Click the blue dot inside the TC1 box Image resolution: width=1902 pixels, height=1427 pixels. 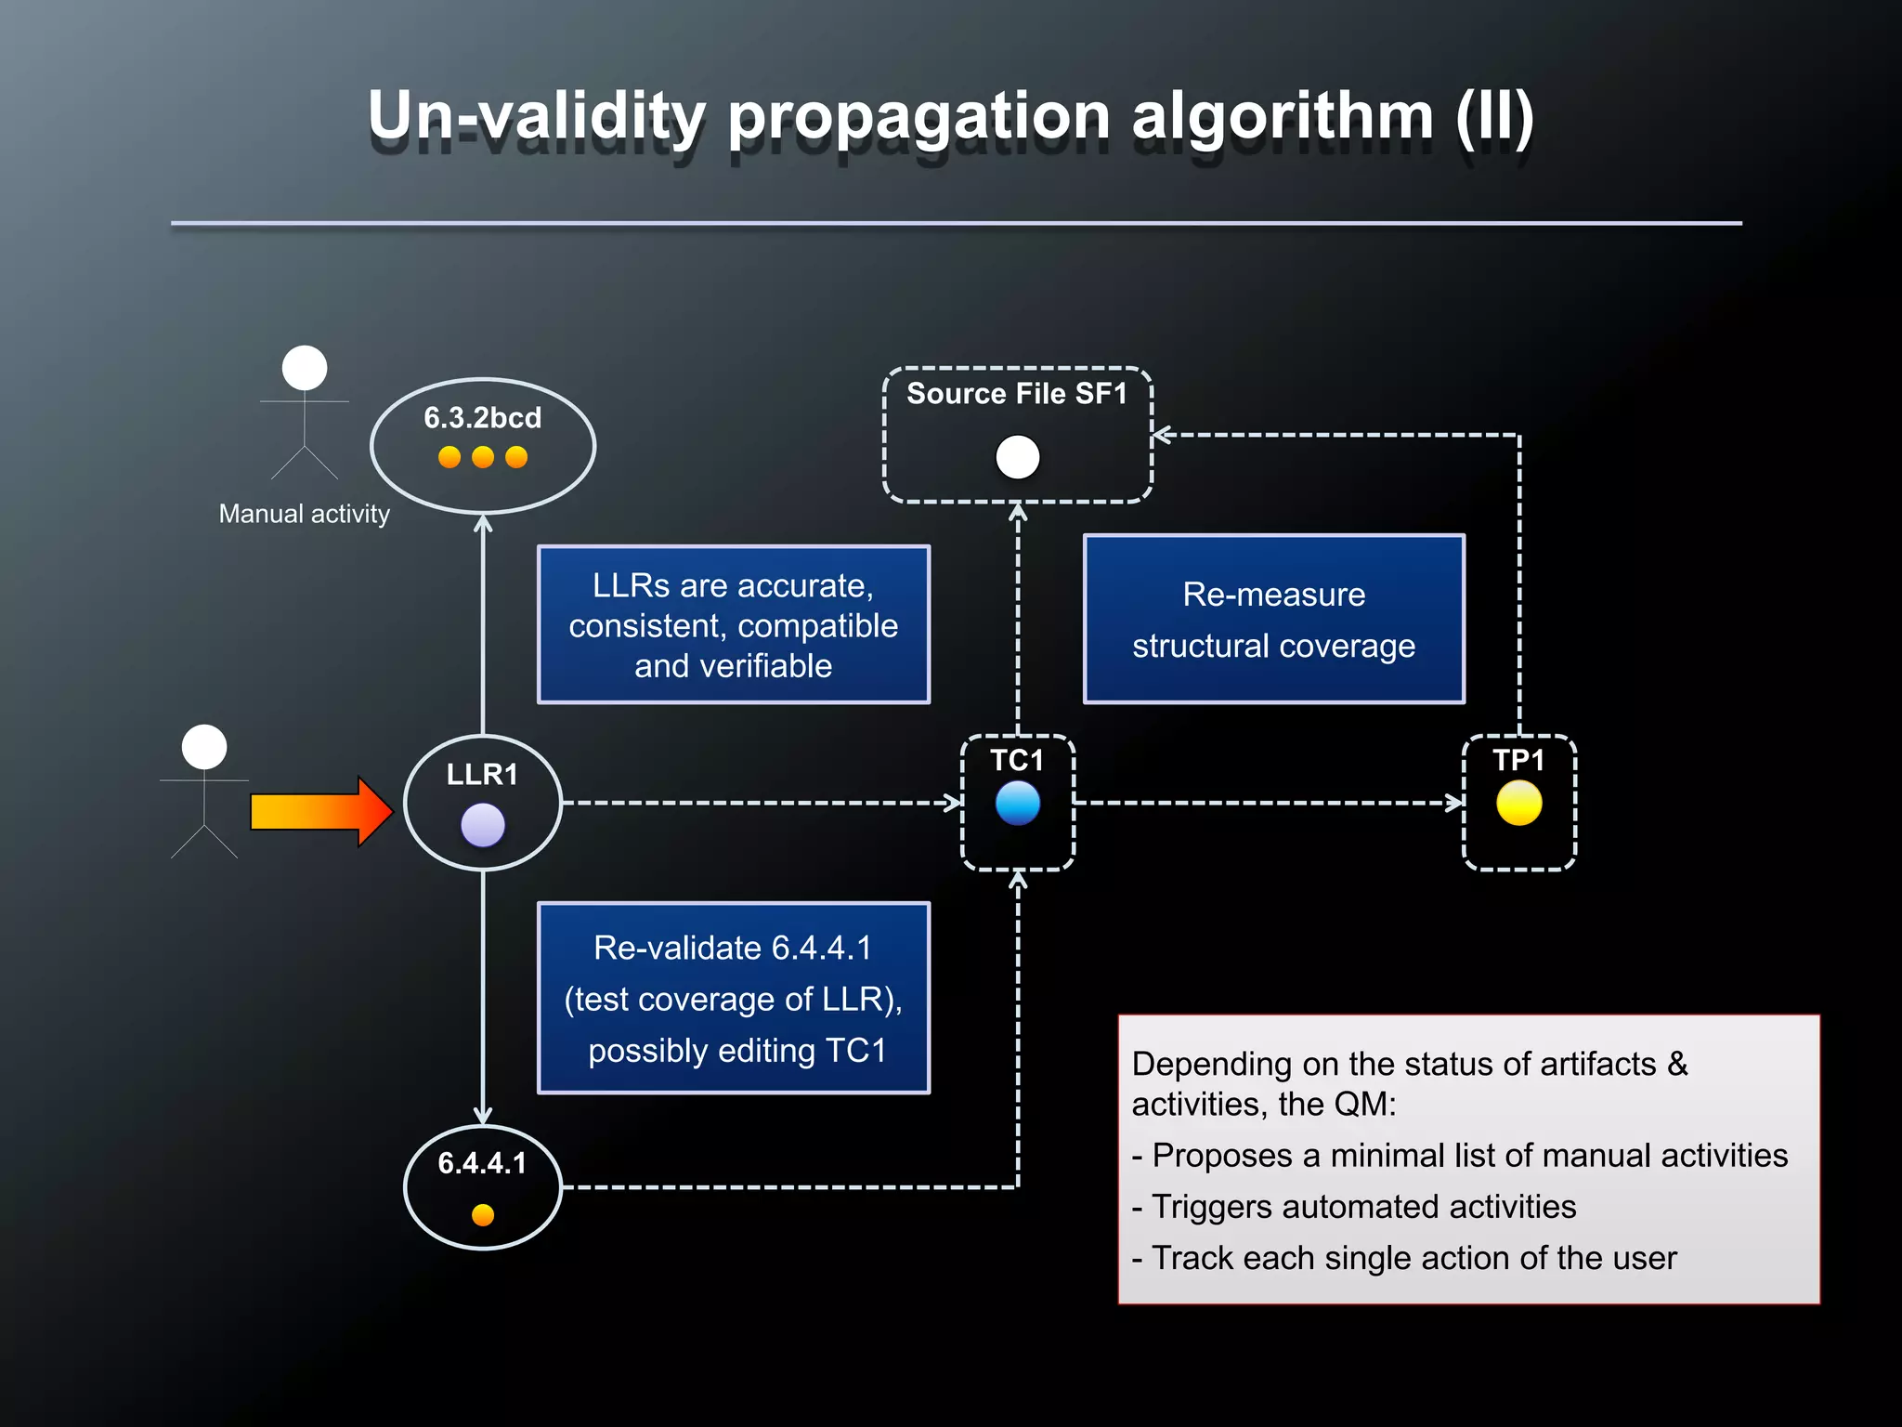(1017, 803)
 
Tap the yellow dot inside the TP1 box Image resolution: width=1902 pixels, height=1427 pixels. (1518, 803)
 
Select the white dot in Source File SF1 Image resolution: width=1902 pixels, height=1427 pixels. (1017, 457)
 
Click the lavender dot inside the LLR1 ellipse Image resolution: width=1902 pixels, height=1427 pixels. (483, 825)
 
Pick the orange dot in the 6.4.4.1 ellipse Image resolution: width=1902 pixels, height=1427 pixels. (483, 1214)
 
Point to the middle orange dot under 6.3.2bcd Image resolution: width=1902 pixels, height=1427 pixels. (483, 457)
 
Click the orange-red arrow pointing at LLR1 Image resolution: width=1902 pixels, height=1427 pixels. (320, 811)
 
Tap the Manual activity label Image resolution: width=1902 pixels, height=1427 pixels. (304, 514)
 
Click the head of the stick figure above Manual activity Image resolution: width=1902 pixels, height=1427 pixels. (305, 368)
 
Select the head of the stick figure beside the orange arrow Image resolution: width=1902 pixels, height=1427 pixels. (204, 747)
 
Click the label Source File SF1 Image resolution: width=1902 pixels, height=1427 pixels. (1017, 394)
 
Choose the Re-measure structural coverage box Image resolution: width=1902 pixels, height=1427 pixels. (1273, 620)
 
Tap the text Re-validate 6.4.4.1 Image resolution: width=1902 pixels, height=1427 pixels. (733, 948)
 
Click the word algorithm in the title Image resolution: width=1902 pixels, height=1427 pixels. (1283, 116)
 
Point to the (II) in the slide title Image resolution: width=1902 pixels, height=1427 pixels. (1493, 116)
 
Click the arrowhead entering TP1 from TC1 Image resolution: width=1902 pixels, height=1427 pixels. (1455, 803)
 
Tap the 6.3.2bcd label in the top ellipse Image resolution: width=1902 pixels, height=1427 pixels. (482, 418)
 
